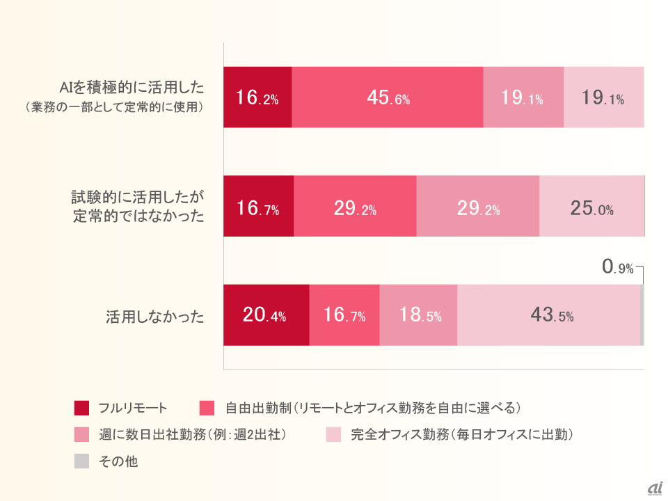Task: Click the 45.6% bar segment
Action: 388,97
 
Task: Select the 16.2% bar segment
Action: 257,97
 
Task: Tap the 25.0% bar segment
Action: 591,207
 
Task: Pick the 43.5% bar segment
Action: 548,315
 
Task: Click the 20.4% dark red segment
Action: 266,315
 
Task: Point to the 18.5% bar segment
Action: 418,315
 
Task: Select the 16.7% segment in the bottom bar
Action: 344,315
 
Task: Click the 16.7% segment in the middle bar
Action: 258,207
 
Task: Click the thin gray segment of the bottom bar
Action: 642,315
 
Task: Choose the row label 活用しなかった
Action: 155,317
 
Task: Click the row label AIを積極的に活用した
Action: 132,88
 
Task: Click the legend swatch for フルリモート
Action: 81,408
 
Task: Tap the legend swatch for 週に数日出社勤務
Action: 81,435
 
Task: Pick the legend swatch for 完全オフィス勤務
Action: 333,435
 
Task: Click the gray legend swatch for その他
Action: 81,461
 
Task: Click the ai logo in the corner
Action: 654,489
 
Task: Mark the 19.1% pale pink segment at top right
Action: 603,97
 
